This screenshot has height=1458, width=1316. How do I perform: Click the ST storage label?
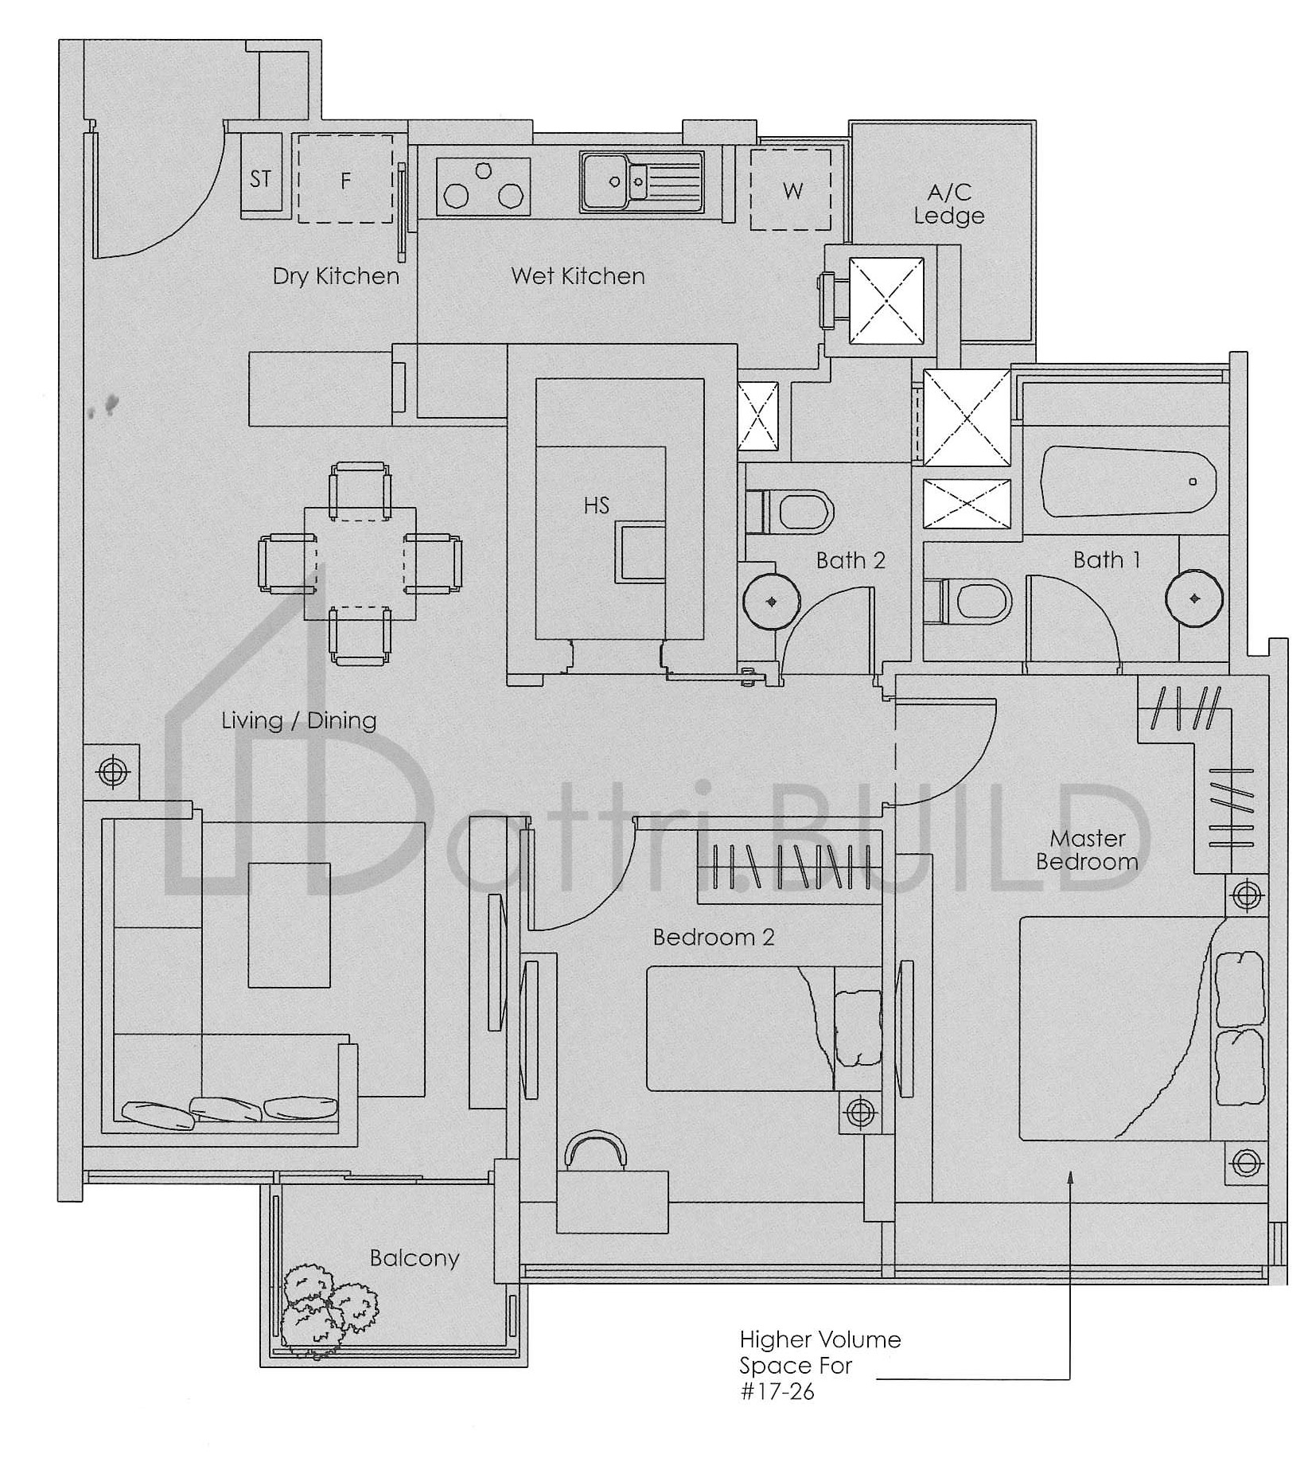[260, 179]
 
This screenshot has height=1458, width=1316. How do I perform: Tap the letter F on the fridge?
[345, 181]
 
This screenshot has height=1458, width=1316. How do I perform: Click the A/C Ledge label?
[948, 204]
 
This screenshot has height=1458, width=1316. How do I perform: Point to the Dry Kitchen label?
[336, 276]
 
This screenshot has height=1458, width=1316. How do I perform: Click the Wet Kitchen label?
[578, 276]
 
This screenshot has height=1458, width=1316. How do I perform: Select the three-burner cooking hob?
[484, 186]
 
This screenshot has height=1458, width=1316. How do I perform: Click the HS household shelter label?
[596, 505]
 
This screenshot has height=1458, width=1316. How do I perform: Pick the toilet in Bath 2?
[790, 510]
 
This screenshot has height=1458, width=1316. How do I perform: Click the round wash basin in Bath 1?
[1194, 598]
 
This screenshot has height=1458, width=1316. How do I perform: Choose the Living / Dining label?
[298, 721]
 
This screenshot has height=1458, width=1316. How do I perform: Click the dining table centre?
[360, 564]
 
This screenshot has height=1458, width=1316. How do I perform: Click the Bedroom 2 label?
[713, 937]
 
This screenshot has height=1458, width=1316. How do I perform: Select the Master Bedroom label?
[1087, 850]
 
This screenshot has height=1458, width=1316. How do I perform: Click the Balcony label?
[415, 1258]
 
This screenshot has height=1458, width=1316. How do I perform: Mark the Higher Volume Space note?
[820, 1365]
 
